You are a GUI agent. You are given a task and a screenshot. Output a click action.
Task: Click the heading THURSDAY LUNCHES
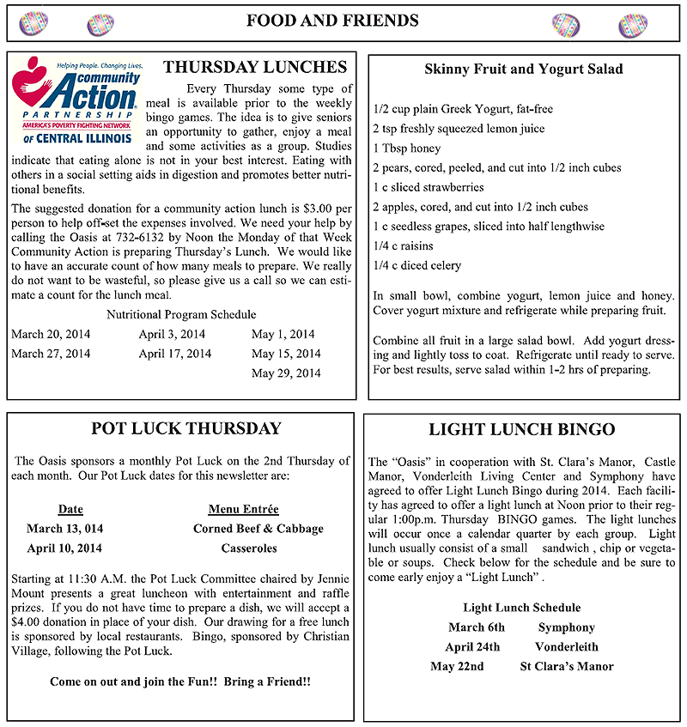255,68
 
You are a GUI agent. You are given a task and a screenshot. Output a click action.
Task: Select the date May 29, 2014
286,373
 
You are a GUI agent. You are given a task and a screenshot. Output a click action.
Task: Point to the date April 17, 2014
174,354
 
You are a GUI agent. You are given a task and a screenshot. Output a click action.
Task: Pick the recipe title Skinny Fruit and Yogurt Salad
524,70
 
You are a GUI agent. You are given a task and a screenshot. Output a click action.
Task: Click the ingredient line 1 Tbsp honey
406,148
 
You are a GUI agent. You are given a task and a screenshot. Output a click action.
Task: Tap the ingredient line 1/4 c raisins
404,246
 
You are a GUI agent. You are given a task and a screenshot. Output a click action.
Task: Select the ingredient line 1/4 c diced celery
417,266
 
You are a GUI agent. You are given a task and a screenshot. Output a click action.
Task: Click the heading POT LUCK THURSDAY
185,429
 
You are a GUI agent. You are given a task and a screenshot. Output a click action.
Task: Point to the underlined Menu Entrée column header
243,510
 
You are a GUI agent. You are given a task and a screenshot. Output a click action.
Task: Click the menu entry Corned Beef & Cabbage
258,529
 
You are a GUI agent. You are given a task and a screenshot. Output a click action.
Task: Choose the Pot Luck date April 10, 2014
64,548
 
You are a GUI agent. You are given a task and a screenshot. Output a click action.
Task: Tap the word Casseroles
249,548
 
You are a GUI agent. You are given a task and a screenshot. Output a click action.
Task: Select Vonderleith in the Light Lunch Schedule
567,647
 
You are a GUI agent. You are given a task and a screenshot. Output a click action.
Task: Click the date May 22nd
458,667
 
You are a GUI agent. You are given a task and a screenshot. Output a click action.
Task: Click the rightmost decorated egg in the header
633,24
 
